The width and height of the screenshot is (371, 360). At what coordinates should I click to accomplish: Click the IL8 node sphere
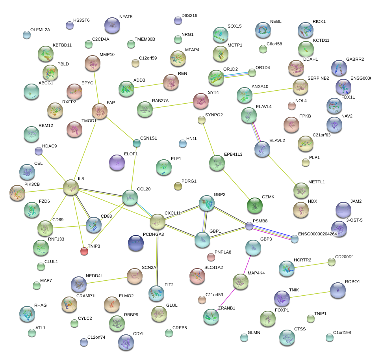point(71,187)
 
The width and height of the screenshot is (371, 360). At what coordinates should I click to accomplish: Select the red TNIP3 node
point(84,251)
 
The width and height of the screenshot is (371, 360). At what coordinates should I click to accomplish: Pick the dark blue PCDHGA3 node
point(136,243)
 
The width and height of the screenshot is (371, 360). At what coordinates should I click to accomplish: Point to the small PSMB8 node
point(249,226)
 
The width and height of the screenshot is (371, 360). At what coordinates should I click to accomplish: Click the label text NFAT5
point(126,17)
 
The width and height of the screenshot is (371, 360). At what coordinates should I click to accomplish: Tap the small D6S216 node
point(178,21)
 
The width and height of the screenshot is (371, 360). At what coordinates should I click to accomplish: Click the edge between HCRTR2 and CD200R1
point(312,265)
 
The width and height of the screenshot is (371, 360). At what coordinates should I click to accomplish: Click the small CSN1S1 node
point(136,143)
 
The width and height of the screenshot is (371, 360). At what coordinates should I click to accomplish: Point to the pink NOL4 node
point(291,106)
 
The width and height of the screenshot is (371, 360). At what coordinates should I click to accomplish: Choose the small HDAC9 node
point(39,151)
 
